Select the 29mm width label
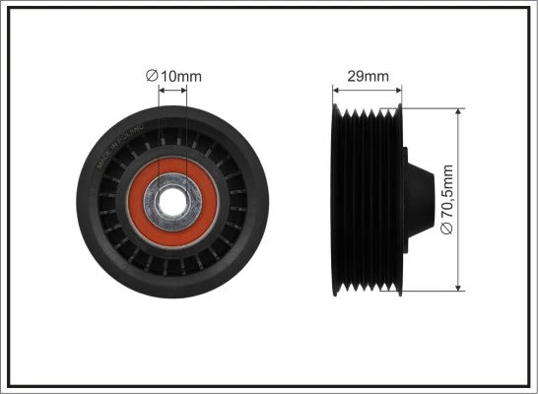point(368,75)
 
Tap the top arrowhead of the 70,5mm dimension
point(459,113)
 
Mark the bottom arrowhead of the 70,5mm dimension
point(459,287)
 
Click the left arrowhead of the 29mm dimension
point(335,88)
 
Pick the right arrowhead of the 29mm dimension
point(399,88)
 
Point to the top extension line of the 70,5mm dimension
point(434,108)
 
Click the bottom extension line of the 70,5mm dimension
point(434,292)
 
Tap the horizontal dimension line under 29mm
point(367,88)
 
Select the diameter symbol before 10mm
point(151,75)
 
